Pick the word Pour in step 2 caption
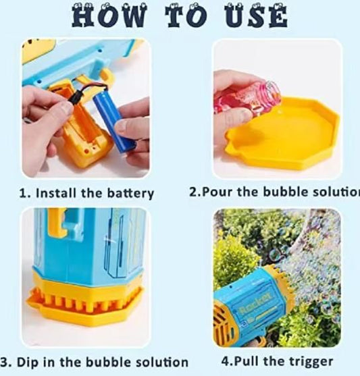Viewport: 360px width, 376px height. (220, 192)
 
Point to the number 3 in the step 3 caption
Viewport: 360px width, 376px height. (5, 362)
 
